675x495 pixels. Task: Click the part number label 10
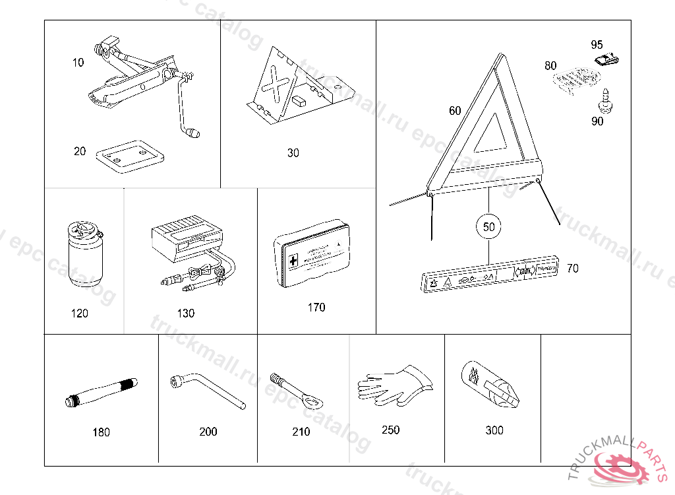pyautogui.click(x=78, y=63)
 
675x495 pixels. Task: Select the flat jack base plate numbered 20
pyautogui.click(x=130, y=156)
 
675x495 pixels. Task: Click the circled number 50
pyautogui.click(x=488, y=226)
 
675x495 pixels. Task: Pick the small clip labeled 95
pyautogui.click(x=607, y=60)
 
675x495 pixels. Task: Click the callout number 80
pyautogui.click(x=550, y=66)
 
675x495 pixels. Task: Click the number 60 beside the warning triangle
pyautogui.click(x=455, y=111)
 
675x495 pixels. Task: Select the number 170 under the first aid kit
pyautogui.click(x=316, y=308)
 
